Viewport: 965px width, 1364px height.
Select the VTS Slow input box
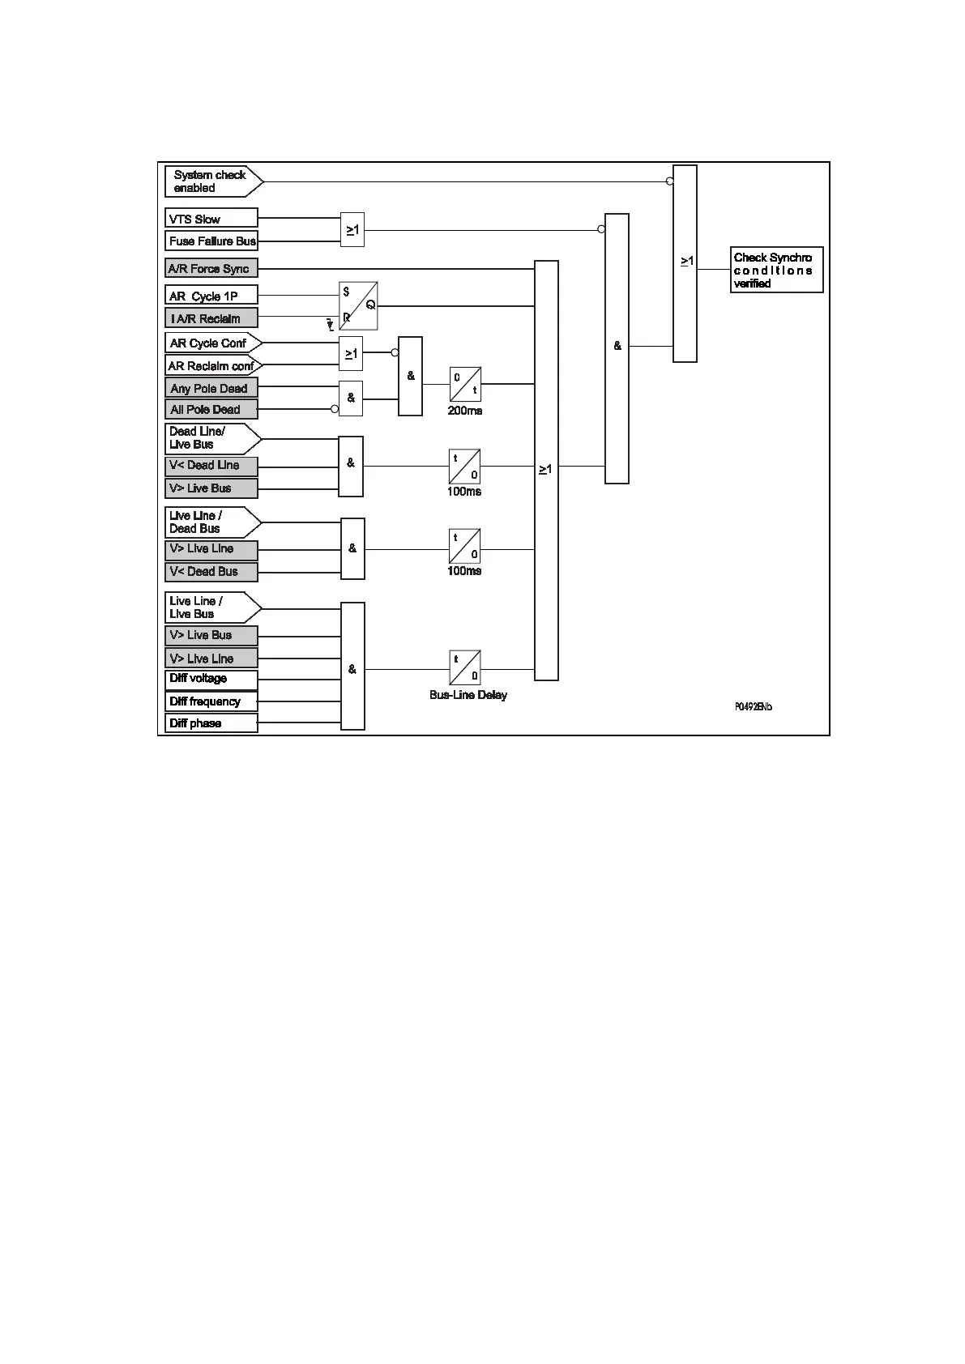click(x=211, y=219)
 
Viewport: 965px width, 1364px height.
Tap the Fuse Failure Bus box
click(x=211, y=241)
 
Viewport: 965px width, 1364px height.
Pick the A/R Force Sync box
click(x=211, y=269)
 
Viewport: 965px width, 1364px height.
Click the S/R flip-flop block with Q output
click(x=358, y=306)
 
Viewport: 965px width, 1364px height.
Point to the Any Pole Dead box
click(x=211, y=389)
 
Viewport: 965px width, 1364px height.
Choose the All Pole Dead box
click(x=211, y=410)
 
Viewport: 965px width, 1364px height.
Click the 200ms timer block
click(x=465, y=384)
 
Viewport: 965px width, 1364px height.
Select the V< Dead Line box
click(x=211, y=466)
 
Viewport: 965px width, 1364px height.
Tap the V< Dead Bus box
click(x=211, y=572)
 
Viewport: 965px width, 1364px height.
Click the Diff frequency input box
click(x=211, y=701)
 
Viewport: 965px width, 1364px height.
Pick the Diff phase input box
click(x=211, y=723)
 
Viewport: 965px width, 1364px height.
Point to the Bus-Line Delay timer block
click(x=465, y=667)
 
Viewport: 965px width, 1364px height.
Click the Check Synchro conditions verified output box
click(x=776, y=271)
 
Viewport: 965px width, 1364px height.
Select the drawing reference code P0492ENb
click(x=753, y=707)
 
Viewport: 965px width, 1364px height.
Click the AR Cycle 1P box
click(x=211, y=296)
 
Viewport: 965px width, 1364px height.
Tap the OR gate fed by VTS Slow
click(x=352, y=230)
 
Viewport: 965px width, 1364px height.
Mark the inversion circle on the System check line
click(x=670, y=181)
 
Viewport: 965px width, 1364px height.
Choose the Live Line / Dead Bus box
click(x=212, y=522)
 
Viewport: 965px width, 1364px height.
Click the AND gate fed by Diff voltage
click(x=352, y=667)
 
